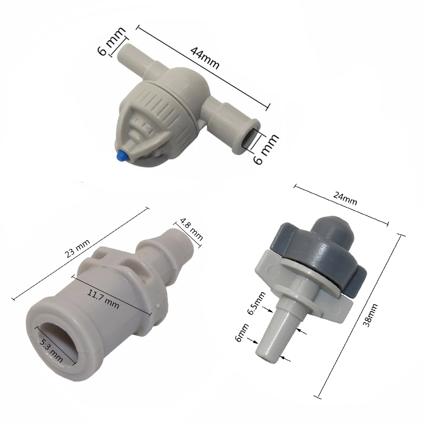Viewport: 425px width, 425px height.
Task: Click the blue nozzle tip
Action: pyautogui.click(x=122, y=156)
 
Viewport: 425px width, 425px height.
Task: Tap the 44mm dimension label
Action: pyautogui.click(x=205, y=58)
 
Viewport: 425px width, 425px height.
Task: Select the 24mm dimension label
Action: pyautogui.click(x=345, y=199)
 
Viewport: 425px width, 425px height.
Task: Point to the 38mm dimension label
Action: pyautogui.click(x=370, y=315)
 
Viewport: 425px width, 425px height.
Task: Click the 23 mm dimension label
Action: pyautogui.click(x=77, y=249)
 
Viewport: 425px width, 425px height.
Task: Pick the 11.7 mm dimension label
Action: pyautogui.click(x=103, y=299)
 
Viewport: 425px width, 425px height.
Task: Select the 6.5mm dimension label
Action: pyautogui.click(x=257, y=303)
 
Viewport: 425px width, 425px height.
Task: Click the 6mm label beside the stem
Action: pyautogui.click(x=242, y=333)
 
